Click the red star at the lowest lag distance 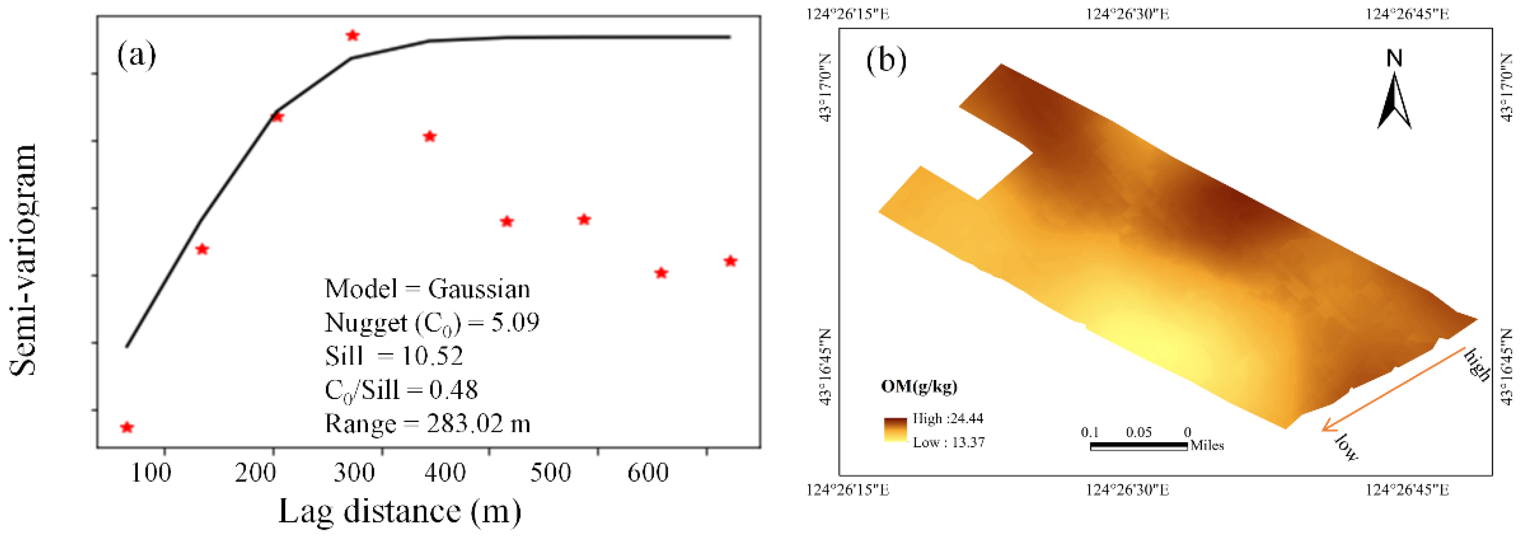point(127,427)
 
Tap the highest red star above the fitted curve point(352,36)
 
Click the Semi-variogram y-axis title point(23,260)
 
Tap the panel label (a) point(136,55)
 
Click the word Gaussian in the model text point(478,289)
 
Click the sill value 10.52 point(432,356)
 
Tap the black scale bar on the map point(1138,446)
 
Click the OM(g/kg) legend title point(919,386)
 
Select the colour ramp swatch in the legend point(895,430)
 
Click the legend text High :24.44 point(947,418)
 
